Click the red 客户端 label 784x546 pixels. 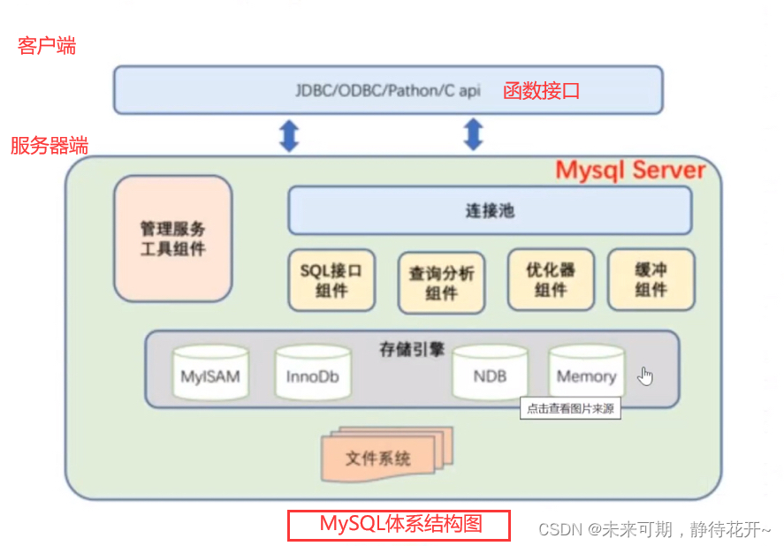tap(47, 46)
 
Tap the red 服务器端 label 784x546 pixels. tap(49, 146)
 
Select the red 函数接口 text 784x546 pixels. tap(541, 90)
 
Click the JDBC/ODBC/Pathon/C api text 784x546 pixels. tap(388, 91)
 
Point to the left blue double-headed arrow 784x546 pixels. tap(289, 135)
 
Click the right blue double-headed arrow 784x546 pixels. tap(474, 134)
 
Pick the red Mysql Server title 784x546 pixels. tap(629, 170)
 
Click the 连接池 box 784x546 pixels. tap(490, 211)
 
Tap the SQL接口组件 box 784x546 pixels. tap(331, 280)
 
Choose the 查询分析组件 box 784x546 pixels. tap(441, 283)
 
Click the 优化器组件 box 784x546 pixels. tap(550, 280)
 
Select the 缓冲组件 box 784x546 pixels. tap(651, 280)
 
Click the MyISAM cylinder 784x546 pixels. tap(209, 375)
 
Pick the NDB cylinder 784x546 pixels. tap(490, 375)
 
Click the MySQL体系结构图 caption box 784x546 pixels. tap(399, 525)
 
